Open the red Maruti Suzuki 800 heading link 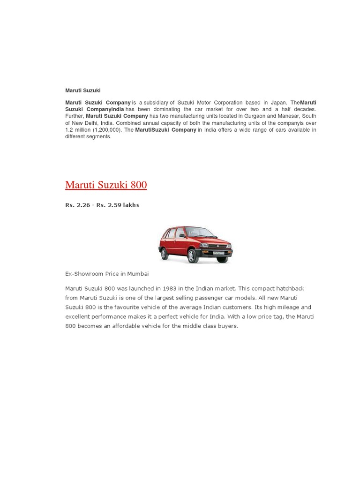pos(106,185)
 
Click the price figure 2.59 pos(115,205)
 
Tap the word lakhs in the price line pos(131,205)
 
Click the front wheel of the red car pos(193,256)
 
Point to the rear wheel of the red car pos(165,254)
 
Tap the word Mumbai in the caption pos(137,274)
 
